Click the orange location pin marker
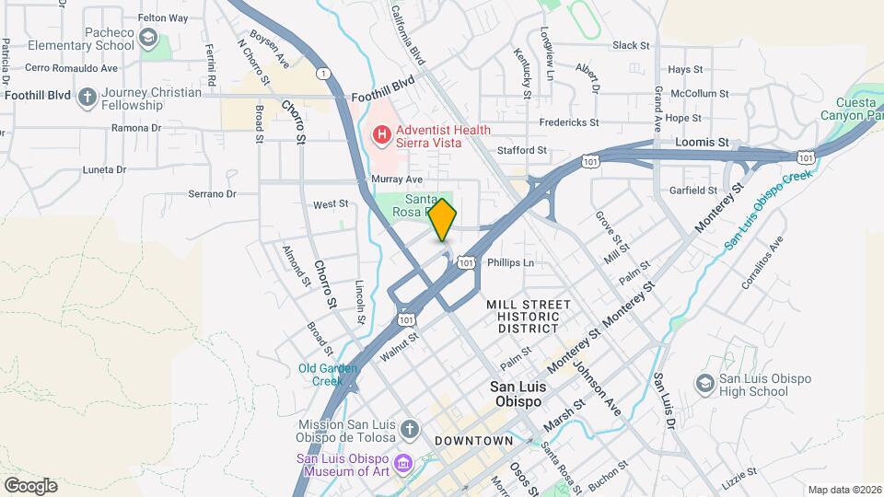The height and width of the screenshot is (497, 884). point(443,219)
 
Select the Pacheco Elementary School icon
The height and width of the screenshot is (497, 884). point(149,38)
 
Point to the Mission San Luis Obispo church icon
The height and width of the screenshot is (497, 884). point(410,428)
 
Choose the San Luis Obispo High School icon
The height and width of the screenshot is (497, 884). point(705,382)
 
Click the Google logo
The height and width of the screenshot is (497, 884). point(30,485)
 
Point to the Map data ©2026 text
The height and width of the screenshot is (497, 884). point(843,490)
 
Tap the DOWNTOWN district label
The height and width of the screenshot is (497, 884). point(473,441)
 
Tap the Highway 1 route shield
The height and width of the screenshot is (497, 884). point(322,72)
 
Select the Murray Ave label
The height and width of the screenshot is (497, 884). point(397,179)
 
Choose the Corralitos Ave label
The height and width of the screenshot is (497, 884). point(762,261)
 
